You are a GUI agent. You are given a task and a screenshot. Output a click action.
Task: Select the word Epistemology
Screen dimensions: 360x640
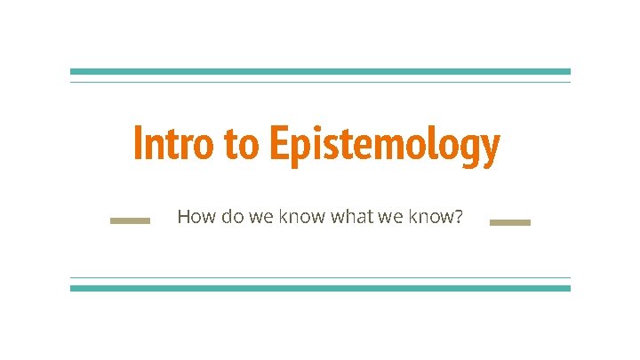384,146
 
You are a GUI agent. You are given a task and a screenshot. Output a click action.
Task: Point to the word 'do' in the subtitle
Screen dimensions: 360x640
232,216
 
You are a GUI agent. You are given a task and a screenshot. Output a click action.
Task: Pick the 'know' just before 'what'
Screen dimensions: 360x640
304,216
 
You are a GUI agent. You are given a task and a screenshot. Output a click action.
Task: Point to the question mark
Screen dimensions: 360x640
458,216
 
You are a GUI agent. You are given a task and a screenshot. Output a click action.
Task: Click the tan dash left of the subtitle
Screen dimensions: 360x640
130,221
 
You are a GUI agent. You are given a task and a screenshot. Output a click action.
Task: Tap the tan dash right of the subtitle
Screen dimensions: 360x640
510,222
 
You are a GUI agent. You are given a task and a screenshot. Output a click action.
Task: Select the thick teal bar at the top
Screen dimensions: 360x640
320,71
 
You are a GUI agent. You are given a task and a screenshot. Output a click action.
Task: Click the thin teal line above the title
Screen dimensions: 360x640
320,83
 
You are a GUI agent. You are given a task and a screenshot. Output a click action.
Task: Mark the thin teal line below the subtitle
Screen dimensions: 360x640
320,277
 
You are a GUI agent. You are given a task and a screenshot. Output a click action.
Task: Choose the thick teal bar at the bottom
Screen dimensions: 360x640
320,288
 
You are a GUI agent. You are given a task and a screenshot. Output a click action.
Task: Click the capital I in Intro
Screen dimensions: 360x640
137,144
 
